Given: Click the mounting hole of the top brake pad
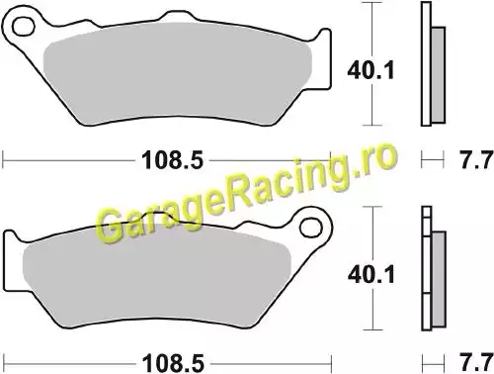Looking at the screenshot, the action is [x=24, y=27].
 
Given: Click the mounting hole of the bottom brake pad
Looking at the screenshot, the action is [x=311, y=228].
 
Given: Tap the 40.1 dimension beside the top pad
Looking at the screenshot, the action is [x=370, y=70].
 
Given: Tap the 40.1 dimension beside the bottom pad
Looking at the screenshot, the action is [x=370, y=274].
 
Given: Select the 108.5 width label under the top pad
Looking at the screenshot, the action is [x=173, y=160].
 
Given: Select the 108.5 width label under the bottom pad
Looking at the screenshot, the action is [x=173, y=364].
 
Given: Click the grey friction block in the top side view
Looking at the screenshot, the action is [x=438, y=75].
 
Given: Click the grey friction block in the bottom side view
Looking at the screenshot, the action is [x=439, y=279].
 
